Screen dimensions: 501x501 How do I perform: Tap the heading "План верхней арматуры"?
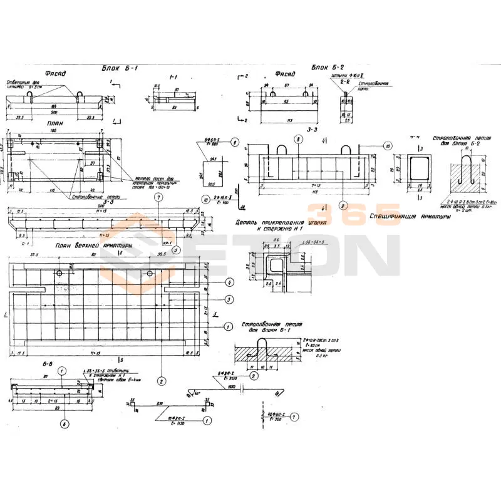pyautogui.click(x=93, y=245)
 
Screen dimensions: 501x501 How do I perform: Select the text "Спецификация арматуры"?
pyautogui.click(x=410, y=217)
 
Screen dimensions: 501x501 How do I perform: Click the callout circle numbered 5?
pyautogui.click(x=176, y=250)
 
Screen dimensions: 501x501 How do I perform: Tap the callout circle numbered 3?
pyautogui.click(x=230, y=300)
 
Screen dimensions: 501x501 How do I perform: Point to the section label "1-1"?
pyautogui.click(x=173, y=77)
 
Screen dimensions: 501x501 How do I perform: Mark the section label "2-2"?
pyautogui.click(x=344, y=81)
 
